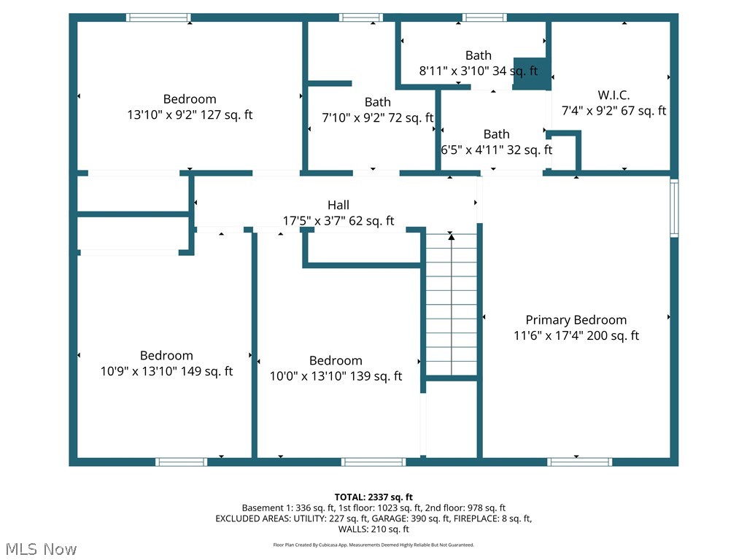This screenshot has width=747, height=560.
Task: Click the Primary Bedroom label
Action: [x=576, y=319]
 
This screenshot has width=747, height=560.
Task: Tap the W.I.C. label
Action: [x=614, y=95]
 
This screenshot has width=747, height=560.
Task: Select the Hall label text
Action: [x=338, y=206]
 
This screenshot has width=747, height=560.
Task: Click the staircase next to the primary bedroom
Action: [x=452, y=306]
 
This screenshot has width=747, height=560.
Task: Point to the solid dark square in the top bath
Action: [x=531, y=73]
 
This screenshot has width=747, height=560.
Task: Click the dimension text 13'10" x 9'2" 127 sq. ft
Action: [x=190, y=115]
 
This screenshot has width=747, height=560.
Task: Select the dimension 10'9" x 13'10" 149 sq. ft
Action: [x=166, y=371]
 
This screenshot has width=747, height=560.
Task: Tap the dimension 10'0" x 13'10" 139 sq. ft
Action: [x=336, y=376]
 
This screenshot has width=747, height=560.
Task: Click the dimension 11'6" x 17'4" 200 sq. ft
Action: [x=576, y=335]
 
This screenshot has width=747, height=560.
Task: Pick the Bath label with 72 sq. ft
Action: [x=377, y=102]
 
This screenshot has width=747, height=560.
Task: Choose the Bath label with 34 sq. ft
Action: [x=479, y=55]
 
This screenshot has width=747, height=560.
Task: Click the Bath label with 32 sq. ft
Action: [x=496, y=134]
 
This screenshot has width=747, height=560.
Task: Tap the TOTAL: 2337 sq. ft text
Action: [x=373, y=496]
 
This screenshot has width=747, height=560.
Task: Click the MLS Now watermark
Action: [x=40, y=548]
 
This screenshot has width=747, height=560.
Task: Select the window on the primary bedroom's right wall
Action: [x=674, y=209]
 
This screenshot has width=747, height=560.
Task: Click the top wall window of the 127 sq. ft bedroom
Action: [x=158, y=17]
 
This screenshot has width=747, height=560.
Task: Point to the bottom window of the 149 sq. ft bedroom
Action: [x=181, y=462]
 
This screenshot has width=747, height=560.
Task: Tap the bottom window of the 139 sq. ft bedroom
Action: [x=373, y=462]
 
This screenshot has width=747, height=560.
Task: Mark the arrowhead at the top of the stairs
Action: [x=451, y=237]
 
